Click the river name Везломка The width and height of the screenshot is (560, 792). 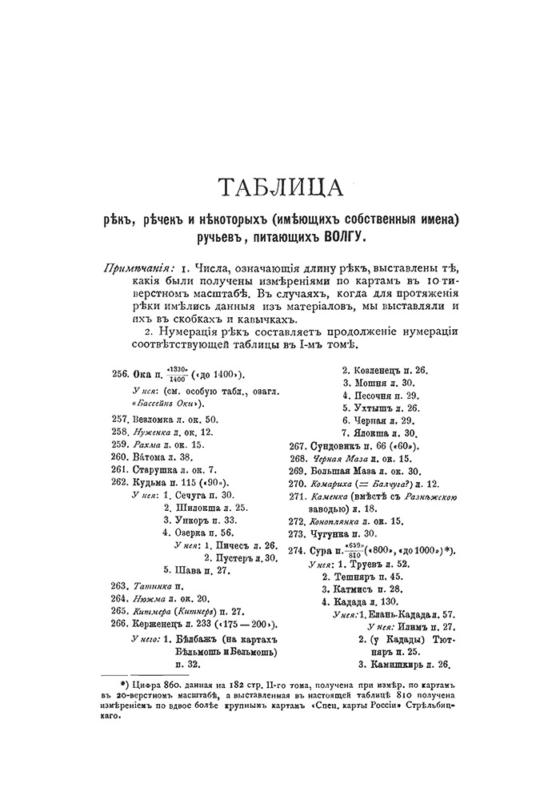click(x=157, y=420)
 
